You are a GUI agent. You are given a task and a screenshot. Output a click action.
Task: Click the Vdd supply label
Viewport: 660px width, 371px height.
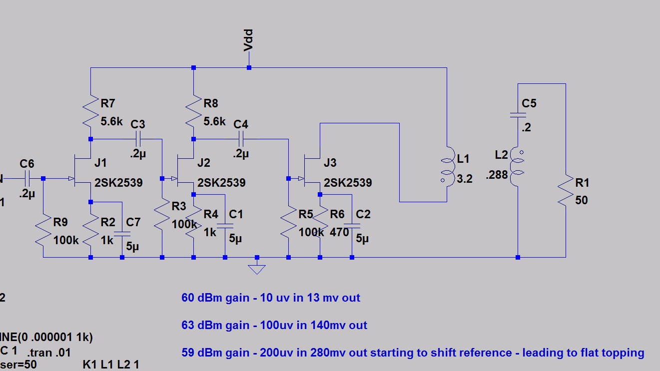[248, 40]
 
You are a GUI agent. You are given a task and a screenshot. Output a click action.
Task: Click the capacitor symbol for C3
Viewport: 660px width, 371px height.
[138, 138]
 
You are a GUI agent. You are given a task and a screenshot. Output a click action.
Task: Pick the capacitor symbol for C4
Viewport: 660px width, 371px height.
[241, 138]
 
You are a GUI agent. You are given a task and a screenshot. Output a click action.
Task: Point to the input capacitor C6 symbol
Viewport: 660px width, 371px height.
[27, 178]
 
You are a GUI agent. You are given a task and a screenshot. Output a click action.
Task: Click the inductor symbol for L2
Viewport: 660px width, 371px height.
[518, 167]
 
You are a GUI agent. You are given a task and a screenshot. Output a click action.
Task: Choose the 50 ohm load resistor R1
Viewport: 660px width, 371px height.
[566, 190]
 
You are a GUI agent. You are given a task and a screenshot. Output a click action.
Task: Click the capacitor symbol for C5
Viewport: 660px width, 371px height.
[518, 115]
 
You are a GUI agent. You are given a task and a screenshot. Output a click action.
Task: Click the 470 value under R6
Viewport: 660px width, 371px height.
[339, 232]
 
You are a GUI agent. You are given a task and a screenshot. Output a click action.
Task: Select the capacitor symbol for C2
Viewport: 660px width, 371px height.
[352, 227]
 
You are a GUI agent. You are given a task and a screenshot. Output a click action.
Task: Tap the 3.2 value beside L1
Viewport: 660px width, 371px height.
[465, 179]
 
